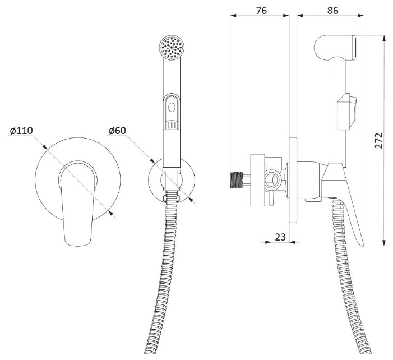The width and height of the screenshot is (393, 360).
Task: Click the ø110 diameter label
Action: point(21,131)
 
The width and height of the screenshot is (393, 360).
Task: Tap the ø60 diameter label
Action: point(117,131)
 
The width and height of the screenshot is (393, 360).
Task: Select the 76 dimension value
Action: point(261,10)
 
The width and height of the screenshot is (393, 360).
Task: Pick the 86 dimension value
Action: point(332,10)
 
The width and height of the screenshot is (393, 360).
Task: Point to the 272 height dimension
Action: point(379,140)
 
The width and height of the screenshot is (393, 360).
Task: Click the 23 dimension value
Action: point(280,237)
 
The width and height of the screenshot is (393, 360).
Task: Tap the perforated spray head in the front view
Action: point(172,48)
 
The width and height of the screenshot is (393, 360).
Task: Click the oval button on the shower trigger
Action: point(172,107)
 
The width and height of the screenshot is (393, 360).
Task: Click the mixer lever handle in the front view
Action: point(78,203)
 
